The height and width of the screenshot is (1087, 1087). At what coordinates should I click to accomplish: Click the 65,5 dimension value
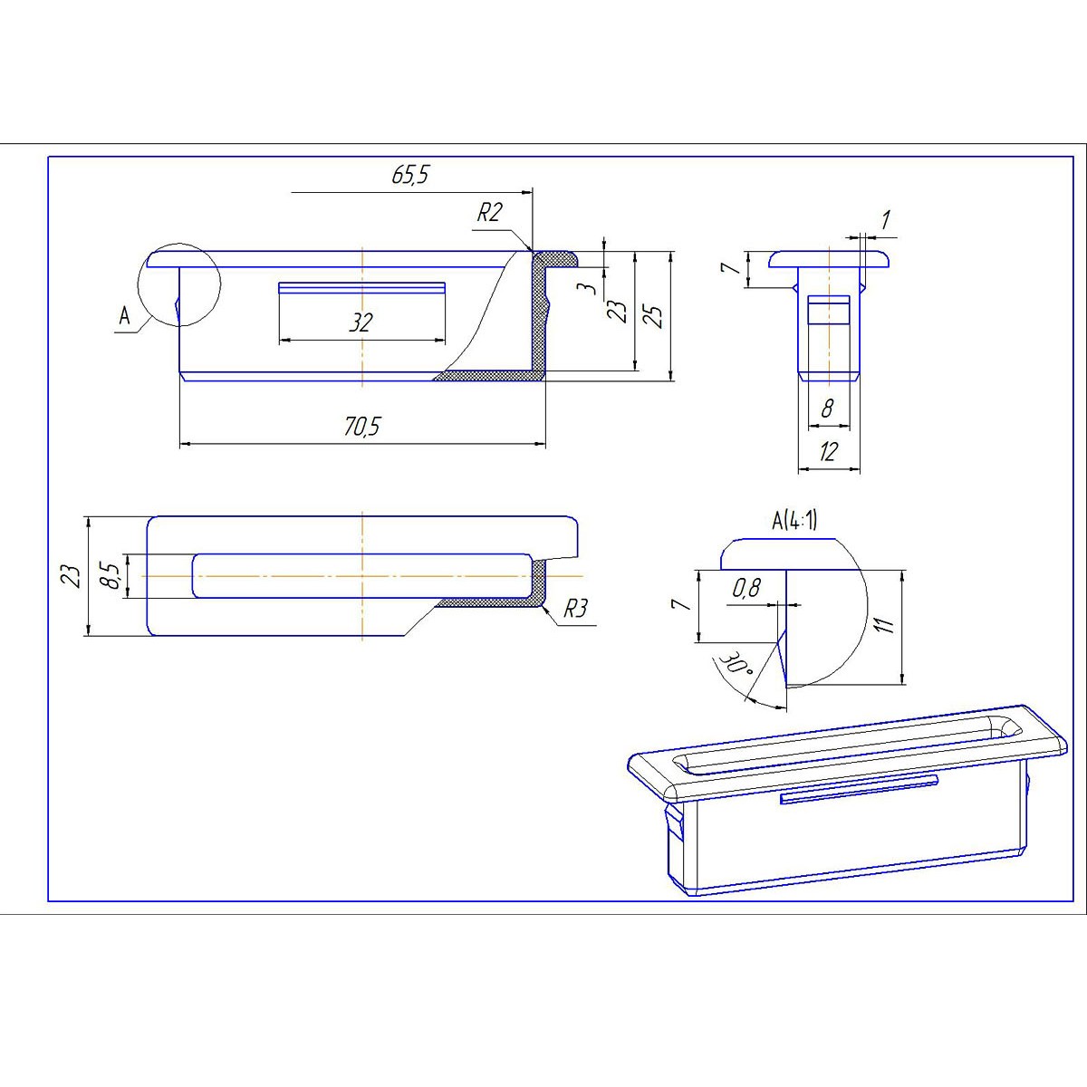[409, 176]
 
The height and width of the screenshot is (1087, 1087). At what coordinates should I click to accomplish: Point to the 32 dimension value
[361, 322]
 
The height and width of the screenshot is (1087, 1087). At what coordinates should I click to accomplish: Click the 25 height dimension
[656, 314]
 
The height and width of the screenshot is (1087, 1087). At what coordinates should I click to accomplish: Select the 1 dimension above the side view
[886, 219]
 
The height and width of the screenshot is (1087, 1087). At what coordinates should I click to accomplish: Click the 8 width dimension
[827, 409]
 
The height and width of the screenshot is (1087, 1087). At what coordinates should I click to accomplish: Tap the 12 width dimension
[827, 452]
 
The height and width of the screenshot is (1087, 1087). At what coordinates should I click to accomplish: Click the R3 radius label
[575, 609]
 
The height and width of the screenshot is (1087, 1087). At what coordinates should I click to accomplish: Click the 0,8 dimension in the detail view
[746, 589]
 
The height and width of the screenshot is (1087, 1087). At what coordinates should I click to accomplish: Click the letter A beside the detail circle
[123, 316]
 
